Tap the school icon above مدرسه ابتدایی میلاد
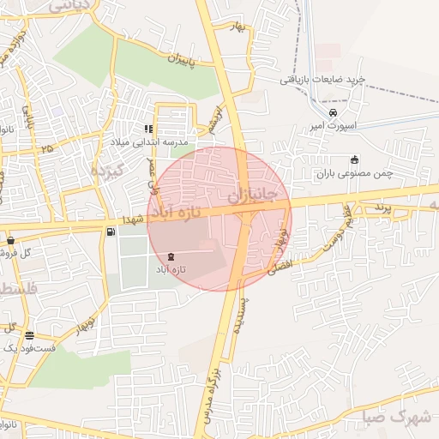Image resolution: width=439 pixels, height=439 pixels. [x=149, y=129]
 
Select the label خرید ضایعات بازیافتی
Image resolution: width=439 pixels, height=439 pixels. [x=322, y=79]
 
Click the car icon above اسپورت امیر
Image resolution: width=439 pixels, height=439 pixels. [x=334, y=112]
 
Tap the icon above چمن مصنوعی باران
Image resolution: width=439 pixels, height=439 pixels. [x=355, y=159]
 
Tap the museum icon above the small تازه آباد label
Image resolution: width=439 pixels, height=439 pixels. [x=172, y=257]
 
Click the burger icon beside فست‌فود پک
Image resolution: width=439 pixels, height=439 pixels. [x=30, y=335]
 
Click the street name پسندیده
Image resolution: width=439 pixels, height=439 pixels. [x=241, y=316]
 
